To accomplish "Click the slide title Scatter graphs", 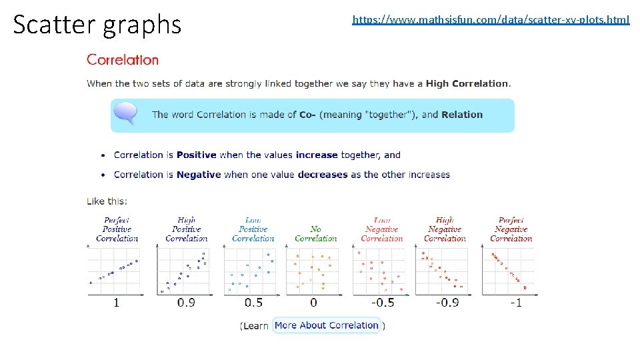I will click(97, 25).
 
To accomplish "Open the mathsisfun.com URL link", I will click(490, 20).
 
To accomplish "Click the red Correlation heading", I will click(123, 60).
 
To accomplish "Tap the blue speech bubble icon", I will click(125, 113).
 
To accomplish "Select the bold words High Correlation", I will click(467, 84).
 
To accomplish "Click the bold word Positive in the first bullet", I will click(196, 155).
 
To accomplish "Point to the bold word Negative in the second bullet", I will click(198, 175).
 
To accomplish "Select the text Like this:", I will click(107, 201).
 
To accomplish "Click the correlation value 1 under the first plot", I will click(116, 303).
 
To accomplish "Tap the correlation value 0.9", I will click(186, 303).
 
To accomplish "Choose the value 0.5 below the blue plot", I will click(253, 303).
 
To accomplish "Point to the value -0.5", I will click(382, 303).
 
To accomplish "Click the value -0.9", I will click(447, 303).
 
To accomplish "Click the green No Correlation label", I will click(316, 234).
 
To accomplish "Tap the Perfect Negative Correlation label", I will click(511, 229).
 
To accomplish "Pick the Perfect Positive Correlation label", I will click(117, 229).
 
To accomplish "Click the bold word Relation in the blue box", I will click(461, 115).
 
